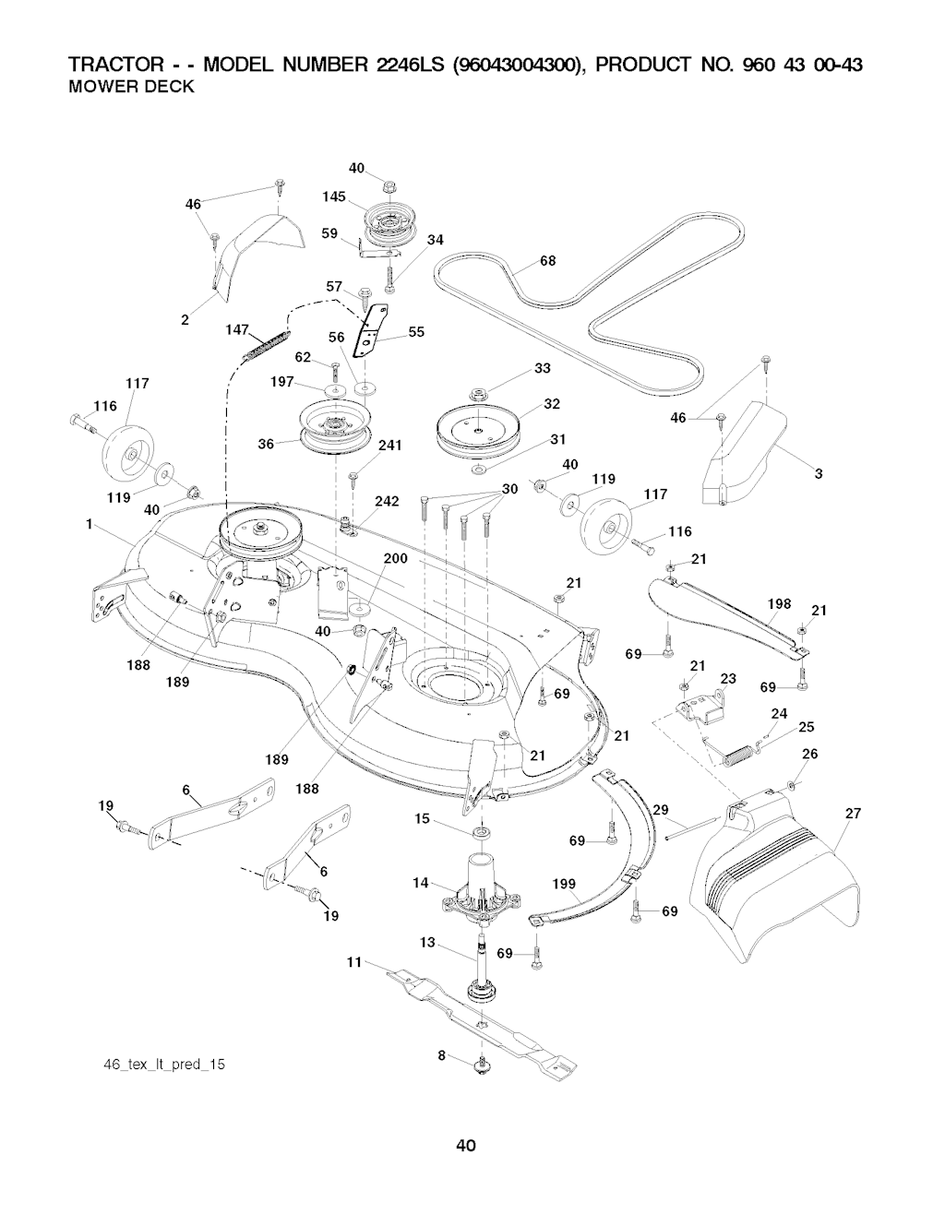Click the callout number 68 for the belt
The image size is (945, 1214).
coord(547,261)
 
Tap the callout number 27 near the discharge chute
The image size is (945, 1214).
coord(852,814)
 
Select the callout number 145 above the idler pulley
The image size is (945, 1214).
coord(334,196)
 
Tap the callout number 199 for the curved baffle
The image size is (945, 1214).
coord(564,885)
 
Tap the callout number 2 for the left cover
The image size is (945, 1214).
coord(185,320)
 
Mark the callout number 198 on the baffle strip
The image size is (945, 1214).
coord(779,604)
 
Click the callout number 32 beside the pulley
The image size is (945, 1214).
coord(552,404)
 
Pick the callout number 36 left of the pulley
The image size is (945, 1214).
coord(266,444)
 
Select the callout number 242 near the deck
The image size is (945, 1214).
coord(387,502)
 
